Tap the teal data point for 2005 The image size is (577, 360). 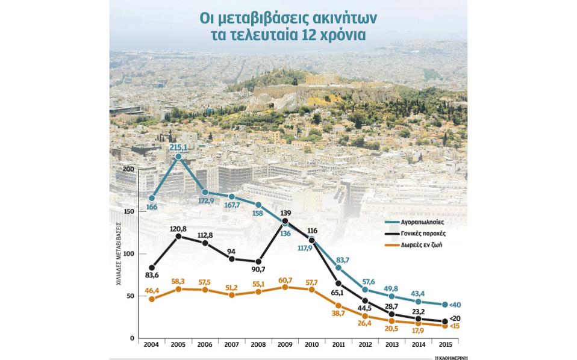point(178,157)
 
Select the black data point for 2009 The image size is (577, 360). point(285,221)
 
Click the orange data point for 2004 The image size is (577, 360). point(152,299)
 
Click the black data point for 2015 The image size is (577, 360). point(445,321)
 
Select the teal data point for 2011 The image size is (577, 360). point(338,267)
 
